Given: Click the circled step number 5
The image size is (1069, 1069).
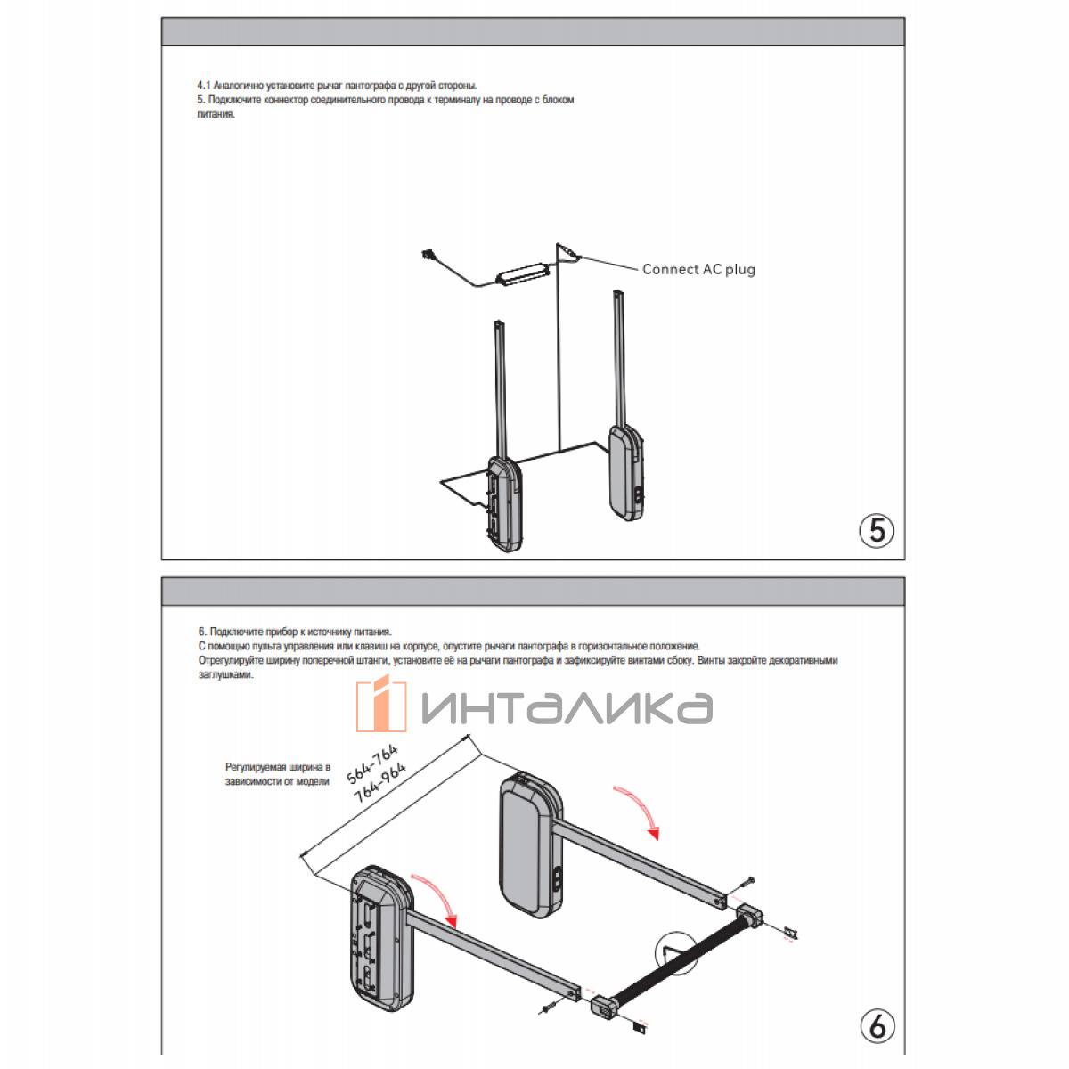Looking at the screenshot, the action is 876,530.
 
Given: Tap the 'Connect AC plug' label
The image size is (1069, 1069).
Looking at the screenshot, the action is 698,270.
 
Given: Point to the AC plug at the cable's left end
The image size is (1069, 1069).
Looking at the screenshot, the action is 428,256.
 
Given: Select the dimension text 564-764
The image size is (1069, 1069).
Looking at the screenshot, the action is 371,763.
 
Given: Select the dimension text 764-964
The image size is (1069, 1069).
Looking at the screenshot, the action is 380,782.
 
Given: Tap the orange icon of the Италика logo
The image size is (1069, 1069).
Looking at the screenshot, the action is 381,703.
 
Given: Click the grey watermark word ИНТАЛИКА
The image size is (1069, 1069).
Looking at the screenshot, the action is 567,708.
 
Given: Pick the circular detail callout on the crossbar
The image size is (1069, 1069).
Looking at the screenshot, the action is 676,953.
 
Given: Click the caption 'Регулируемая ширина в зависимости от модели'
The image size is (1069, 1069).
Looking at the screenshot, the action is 277,774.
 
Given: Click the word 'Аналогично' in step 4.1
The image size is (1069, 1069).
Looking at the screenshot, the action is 239,86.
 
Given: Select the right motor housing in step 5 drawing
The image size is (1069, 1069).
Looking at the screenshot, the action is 627,473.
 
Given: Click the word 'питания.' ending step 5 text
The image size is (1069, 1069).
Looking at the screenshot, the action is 216,115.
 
